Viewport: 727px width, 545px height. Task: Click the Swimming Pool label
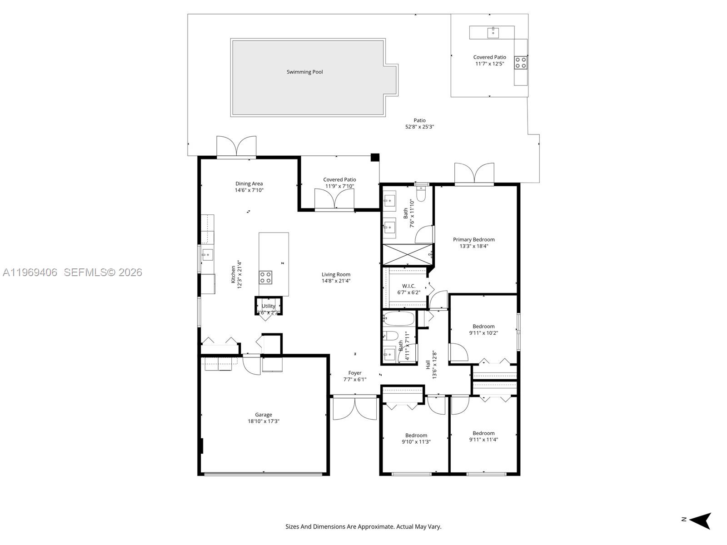[304, 72]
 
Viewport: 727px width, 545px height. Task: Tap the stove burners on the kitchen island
[265, 277]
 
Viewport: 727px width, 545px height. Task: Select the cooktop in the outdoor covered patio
[520, 62]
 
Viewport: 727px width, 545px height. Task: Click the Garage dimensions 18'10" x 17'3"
[264, 421]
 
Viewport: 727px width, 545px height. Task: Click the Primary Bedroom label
[473, 239]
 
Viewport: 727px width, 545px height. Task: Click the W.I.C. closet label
[408, 286]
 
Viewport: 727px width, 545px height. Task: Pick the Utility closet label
[268, 306]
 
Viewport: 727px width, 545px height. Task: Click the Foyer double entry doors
[355, 407]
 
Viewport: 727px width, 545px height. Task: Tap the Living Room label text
[336, 274]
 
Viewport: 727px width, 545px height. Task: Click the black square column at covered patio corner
[375, 158]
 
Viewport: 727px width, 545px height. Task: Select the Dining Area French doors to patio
[236, 146]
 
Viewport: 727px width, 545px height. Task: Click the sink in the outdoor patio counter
[493, 32]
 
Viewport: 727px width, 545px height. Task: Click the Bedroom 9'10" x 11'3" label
[416, 438]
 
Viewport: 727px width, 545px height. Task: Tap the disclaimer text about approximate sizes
[363, 527]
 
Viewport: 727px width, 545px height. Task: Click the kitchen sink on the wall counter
[207, 255]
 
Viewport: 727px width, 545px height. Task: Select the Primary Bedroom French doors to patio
[474, 174]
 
